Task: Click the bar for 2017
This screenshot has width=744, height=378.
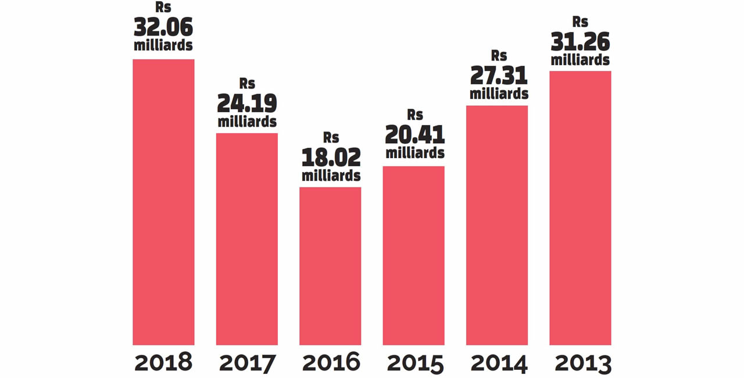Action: (x=247, y=239)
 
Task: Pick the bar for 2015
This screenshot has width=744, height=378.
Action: (x=413, y=255)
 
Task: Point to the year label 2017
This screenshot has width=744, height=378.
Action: (x=247, y=363)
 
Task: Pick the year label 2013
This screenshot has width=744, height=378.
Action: (x=583, y=363)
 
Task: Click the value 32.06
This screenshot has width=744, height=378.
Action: (x=163, y=27)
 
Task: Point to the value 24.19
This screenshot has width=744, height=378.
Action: (x=247, y=104)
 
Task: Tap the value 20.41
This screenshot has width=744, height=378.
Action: (x=415, y=135)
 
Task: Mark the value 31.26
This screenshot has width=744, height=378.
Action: (x=580, y=41)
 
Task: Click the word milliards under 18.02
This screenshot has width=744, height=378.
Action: (x=331, y=175)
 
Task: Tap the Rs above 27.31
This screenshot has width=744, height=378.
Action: (x=499, y=56)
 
